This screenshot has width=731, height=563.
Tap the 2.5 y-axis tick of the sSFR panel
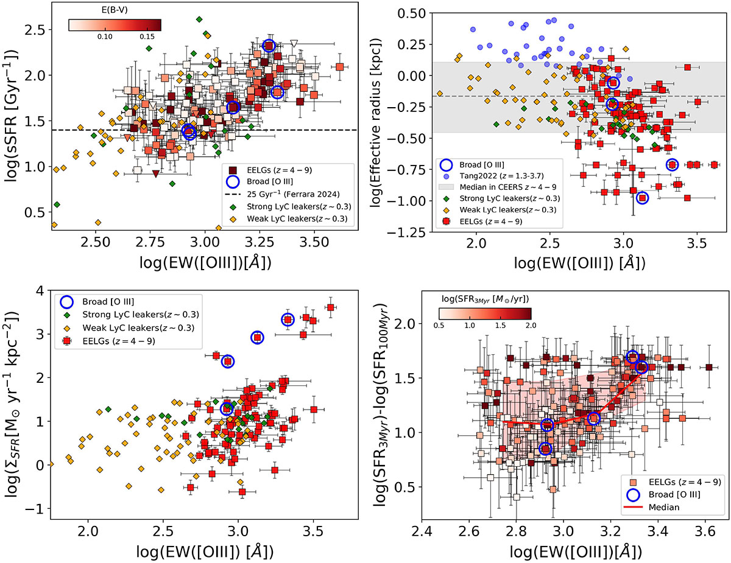33,30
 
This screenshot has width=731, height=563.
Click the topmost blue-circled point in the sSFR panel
269,46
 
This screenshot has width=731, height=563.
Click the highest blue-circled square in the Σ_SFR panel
289,320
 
